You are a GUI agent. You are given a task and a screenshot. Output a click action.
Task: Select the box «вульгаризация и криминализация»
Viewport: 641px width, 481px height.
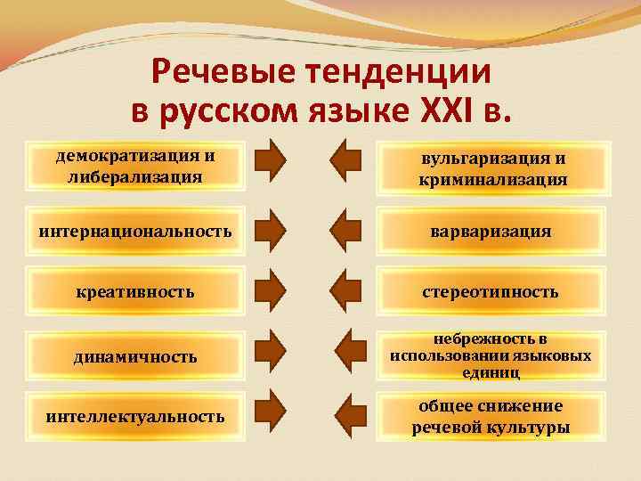492,169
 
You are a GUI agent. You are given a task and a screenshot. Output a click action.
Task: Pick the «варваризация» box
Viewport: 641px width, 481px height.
492,232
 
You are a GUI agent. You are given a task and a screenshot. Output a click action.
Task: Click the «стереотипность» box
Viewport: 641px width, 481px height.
492,291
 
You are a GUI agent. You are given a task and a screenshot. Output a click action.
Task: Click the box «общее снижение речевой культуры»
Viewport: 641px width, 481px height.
492,416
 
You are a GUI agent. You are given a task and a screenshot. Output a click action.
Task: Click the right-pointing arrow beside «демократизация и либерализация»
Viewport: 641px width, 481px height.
271,159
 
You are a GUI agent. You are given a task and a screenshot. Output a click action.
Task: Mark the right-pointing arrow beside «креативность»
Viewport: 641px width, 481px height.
271,288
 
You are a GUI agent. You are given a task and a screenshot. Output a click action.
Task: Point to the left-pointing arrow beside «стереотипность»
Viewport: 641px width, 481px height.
345,288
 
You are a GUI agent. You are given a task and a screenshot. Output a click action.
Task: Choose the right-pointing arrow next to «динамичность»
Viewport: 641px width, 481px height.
271,352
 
